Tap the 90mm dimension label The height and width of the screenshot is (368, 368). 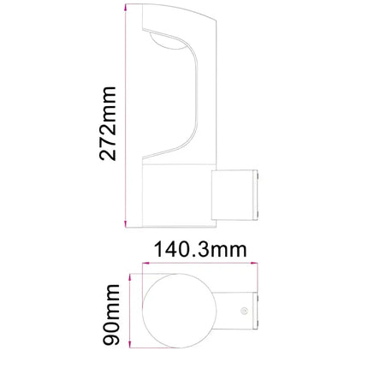[109, 316]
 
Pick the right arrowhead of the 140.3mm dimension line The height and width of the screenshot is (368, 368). [257, 266]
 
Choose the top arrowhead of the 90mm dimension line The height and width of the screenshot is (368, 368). [128, 277]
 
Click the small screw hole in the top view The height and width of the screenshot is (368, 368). [245, 311]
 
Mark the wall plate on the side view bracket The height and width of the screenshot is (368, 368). [253, 196]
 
